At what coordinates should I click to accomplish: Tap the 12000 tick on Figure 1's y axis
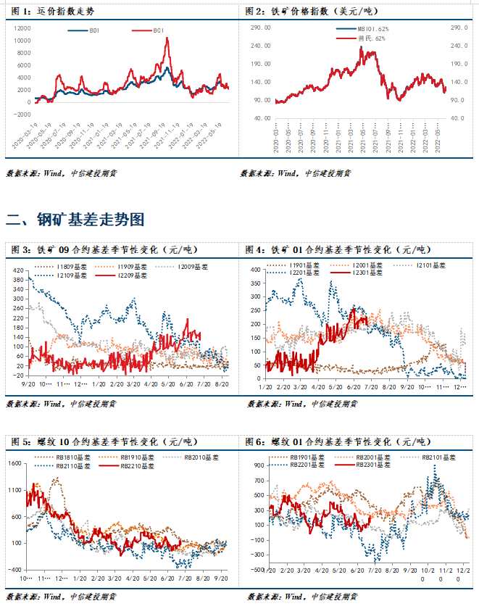pyautogui.click(x=22, y=27)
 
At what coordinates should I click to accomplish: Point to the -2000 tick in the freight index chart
pyautogui.click(x=22, y=115)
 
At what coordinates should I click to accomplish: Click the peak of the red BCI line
pyautogui.click(x=167, y=38)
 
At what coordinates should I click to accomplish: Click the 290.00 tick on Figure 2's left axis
pyautogui.click(x=261, y=27)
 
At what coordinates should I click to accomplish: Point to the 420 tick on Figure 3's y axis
pyautogui.click(x=17, y=268)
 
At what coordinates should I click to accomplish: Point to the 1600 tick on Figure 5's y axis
pyautogui.click(x=15, y=463)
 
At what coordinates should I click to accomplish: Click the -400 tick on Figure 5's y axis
pyautogui.click(x=16, y=570)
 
